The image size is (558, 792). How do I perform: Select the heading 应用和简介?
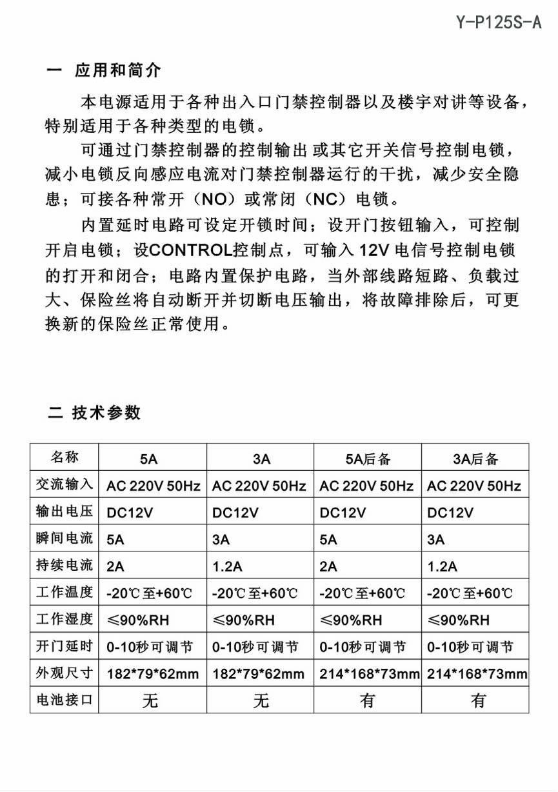(x=117, y=70)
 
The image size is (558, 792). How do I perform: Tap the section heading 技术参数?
(x=106, y=412)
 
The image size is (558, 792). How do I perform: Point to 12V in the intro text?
(x=374, y=250)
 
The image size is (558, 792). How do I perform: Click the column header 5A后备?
(x=368, y=459)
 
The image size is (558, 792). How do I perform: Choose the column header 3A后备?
(x=475, y=459)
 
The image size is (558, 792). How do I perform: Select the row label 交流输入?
(x=65, y=484)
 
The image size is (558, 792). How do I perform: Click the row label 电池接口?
(x=65, y=699)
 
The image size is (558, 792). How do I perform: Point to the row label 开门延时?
(x=65, y=646)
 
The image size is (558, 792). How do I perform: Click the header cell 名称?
(x=65, y=457)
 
